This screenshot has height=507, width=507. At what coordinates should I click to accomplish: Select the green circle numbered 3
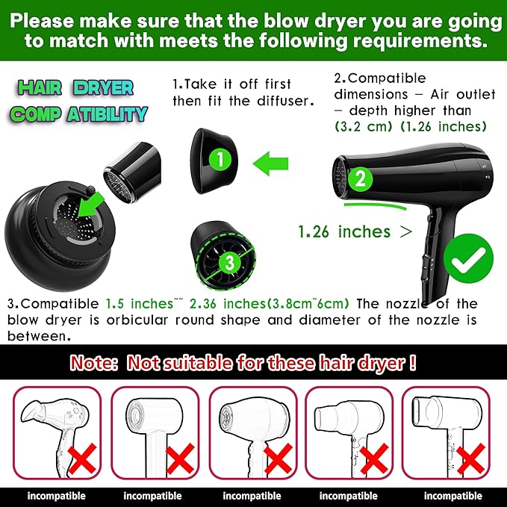tap(228, 262)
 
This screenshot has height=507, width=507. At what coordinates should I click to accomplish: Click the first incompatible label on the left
tap(55, 495)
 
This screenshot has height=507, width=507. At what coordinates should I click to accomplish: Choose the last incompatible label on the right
tap(452, 495)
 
